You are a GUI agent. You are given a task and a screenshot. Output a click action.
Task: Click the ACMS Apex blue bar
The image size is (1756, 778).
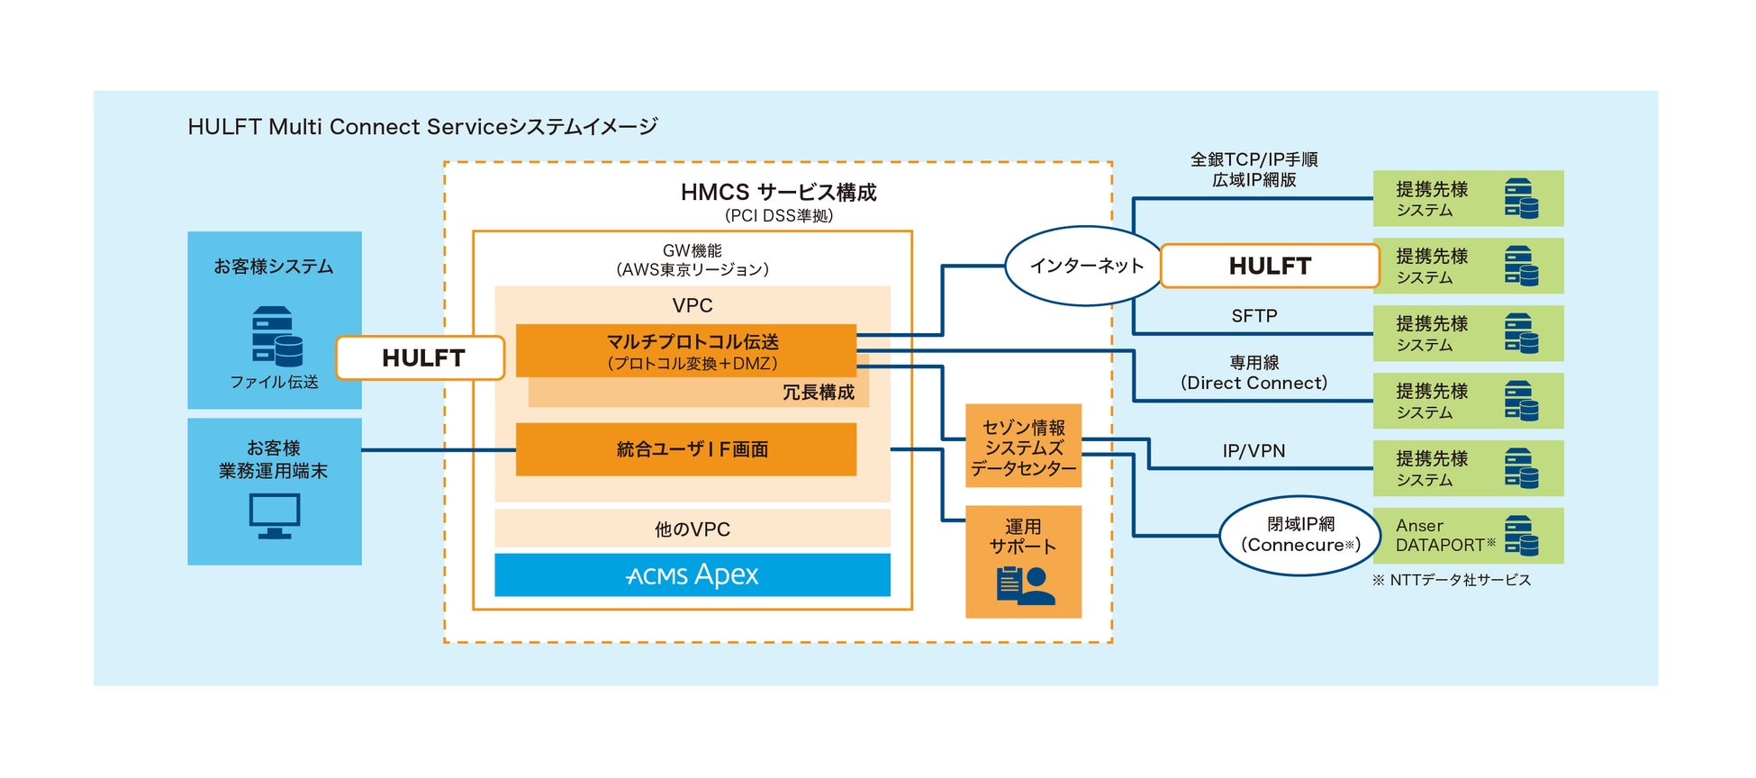tap(692, 574)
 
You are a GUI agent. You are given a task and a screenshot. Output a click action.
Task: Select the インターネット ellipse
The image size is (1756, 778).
tap(1086, 266)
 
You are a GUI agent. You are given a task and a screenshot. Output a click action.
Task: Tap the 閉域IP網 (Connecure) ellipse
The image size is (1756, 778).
tap(1300, 536)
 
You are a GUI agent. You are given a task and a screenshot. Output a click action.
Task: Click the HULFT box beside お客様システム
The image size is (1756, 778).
tap(421, 357)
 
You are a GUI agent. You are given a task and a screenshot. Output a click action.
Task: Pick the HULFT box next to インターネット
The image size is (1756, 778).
tap(1270, 266)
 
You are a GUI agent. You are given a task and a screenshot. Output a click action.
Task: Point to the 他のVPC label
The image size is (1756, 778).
tap(692, 529)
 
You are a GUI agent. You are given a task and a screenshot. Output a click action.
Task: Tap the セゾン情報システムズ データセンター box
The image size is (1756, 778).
tap(1023, 447)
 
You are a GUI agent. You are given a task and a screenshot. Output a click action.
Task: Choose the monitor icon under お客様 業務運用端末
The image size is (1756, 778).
tap(274, 517)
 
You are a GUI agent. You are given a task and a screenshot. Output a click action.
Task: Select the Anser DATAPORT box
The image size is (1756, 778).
tap(1468, 536)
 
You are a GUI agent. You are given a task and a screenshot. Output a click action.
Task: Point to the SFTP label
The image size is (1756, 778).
tap(1254, 316)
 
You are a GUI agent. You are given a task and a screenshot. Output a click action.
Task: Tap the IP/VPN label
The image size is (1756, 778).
tap(1254, 451)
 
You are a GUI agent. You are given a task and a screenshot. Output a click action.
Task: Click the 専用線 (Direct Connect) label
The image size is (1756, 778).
tap(1254, 373)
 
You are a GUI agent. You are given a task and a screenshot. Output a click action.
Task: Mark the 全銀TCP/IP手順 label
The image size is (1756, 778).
tap(1254, 159)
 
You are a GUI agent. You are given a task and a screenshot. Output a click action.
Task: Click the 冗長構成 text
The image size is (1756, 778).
tap(818, 393)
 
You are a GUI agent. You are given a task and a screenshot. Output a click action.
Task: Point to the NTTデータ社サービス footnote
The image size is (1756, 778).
tap(1452, 580)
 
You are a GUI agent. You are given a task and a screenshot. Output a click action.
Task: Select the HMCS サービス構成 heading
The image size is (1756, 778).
tap(778, 192)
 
